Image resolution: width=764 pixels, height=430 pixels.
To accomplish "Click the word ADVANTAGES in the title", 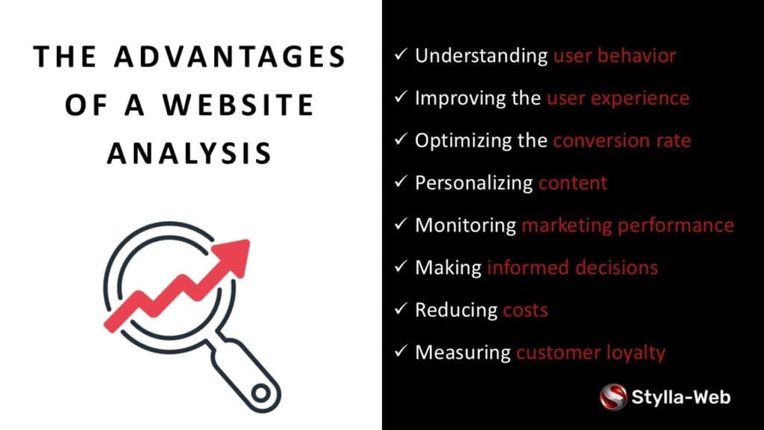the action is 230,57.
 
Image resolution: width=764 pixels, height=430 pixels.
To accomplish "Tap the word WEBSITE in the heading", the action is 238,105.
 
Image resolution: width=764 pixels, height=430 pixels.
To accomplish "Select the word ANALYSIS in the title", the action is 190,153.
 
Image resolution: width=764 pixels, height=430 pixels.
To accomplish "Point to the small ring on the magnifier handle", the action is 260,393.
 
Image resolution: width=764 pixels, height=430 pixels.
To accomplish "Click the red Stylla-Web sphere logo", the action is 613,397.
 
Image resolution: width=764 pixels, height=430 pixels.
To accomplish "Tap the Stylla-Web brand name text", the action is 680,397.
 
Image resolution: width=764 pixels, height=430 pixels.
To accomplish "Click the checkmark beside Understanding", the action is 401,54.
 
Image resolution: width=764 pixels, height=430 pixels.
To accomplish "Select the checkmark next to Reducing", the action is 401,308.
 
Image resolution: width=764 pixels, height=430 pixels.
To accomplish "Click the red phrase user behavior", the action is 615,55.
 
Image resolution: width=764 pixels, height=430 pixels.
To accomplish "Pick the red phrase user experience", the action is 619,99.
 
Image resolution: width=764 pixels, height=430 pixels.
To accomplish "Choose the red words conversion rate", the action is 622,141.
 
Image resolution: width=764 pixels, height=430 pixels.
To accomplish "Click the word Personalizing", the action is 474,184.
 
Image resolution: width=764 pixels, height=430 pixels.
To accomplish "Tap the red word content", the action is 573,184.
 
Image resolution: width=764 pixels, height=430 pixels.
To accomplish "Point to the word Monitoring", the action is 466,225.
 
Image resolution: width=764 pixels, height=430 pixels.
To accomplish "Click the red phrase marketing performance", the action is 628,225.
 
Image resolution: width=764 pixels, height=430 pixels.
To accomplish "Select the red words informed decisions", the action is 572,268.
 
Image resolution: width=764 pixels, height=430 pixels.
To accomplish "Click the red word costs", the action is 525,311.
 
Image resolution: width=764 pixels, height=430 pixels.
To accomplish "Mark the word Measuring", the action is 463,352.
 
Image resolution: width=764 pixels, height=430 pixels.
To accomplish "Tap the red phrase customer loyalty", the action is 591,353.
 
